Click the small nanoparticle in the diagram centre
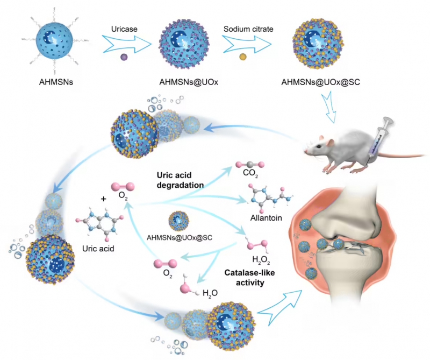click(179, 220)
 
